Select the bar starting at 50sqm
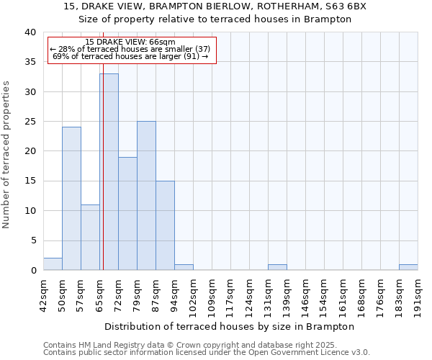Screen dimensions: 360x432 click(71, 198)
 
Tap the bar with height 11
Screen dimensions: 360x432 click(90, 237)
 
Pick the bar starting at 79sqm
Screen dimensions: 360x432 click(146, 195)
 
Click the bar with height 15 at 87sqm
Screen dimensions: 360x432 click(165, 225)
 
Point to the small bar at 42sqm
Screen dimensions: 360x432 click(53, 264)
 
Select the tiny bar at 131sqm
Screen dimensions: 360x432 click(277, 267)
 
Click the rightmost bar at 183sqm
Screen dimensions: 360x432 click(408, 267)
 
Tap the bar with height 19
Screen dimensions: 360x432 click(127, 213)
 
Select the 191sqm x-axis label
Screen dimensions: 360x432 click(418, 293)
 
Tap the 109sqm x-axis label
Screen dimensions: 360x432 click(212, 293)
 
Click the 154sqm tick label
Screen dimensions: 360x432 click(324, 293)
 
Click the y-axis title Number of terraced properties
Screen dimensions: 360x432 click(7, 154)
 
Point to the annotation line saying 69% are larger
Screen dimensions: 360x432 click(130, 56)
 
